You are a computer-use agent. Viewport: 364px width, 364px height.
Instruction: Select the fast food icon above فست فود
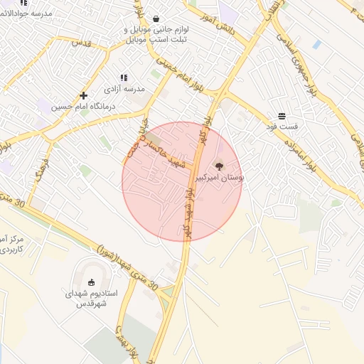[x=282, y=115]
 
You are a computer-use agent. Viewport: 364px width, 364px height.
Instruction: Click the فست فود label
[x=282, y=127]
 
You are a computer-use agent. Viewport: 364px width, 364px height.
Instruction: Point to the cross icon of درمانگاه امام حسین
[x=84, y=95]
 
